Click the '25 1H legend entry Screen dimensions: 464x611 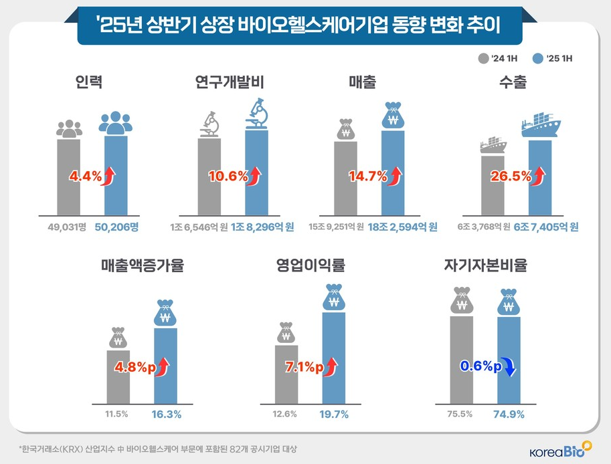click(553, 58)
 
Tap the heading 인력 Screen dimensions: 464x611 click(90, 83)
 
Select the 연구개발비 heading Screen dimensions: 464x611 click(230, 83)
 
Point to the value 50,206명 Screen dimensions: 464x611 click(116, 227)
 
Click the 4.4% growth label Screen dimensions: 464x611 click(86, 177)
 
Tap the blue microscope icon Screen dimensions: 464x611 click(258, 114)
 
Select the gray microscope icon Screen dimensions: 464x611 click(209, 124)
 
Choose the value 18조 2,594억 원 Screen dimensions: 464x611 click(401, 227)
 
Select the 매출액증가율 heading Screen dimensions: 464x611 click(142, 265)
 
